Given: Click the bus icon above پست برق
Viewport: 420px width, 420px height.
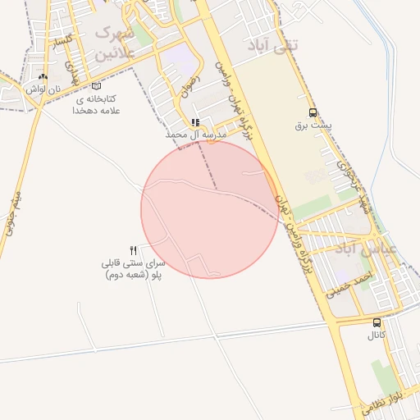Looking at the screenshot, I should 312,112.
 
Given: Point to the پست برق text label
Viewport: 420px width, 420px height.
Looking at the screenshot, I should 312,126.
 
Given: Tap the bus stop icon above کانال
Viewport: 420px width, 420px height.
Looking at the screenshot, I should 377,323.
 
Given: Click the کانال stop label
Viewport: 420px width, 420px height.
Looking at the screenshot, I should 377,336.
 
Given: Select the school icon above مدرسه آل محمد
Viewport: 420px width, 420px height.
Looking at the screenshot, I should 195,122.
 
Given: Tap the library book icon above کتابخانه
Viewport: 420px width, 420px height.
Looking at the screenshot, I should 97,86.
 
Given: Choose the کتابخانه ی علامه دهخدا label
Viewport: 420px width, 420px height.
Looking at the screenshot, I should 97,104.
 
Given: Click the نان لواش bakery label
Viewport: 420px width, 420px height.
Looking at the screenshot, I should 43,89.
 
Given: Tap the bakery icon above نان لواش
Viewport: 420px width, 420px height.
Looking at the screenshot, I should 43,77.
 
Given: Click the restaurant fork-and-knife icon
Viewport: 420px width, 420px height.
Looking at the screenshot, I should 134,249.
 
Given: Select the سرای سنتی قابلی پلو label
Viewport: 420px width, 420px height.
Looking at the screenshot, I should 134,269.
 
